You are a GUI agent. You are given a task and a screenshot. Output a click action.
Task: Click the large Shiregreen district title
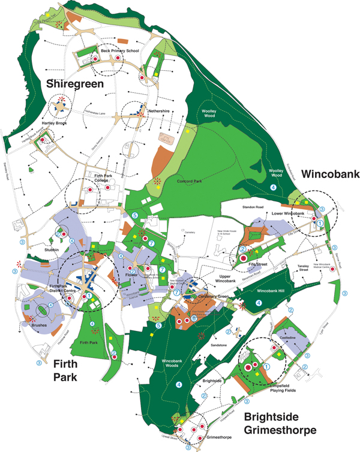[x=75, y=85]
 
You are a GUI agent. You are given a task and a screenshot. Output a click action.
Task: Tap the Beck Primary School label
[x=120, y=51]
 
